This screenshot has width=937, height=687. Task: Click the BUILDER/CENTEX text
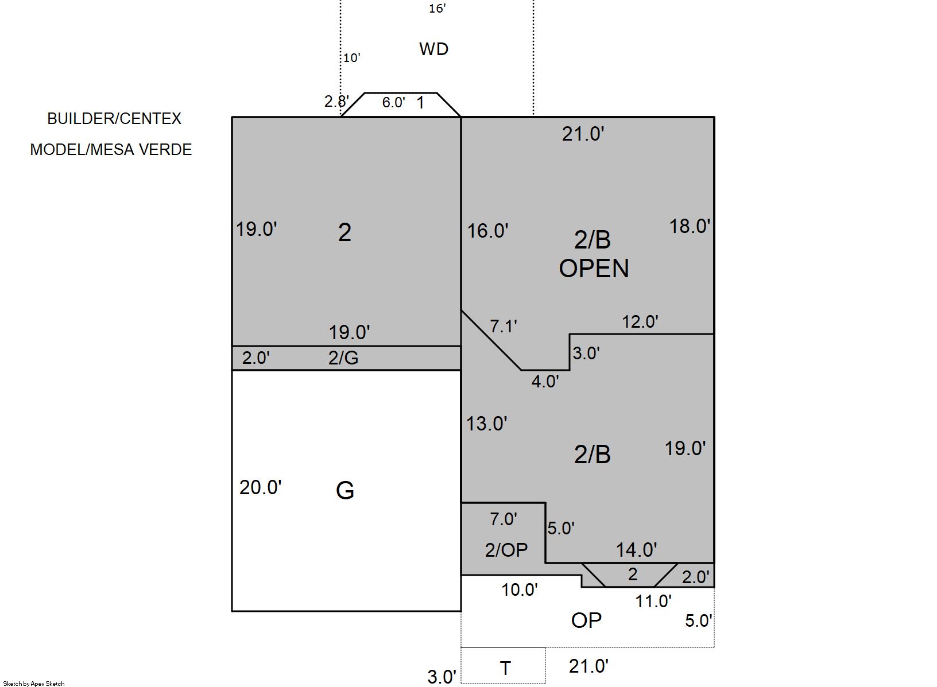(x=114, y=119)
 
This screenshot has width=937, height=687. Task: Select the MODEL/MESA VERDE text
(x=111, y=150)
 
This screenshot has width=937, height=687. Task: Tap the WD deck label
(x=434, y=49)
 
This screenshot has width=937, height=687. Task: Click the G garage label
(x=345, y=491)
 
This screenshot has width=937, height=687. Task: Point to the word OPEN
(x=594, y=269)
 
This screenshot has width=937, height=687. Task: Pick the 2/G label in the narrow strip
(x=343, y=358)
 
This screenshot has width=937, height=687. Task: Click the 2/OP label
(x=506, y=550)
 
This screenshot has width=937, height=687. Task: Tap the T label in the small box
(x=505, y=668)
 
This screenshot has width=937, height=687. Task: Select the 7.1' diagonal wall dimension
(x=504, y=326)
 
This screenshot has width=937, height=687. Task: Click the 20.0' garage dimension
(x=260, y=487)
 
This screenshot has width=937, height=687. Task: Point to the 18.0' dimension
(x=690, y=226)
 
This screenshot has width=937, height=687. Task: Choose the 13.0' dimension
(x=487, y=424)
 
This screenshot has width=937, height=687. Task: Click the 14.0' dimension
(x=637, y=550)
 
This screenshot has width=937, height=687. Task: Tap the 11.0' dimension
(x=653, y=601)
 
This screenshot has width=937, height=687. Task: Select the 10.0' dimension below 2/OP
(x=520, y=590)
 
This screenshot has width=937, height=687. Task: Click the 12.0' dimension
(x=640, y=322)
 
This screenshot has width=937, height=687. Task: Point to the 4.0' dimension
(x=545, y=381)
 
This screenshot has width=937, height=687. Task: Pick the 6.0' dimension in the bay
(x=394, y=102)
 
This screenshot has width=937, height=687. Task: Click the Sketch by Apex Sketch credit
(x=34, y=684)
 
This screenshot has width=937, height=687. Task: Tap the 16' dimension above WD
(x=437, y=9)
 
